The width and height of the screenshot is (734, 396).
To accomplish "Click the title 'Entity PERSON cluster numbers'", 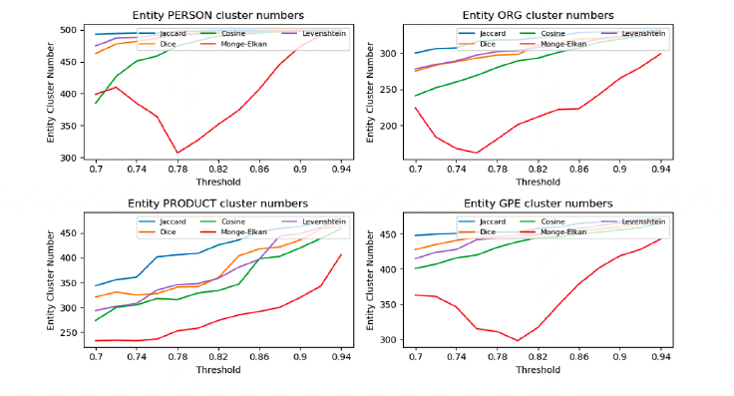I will click(x=218, y=15).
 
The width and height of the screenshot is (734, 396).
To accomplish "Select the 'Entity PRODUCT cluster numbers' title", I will click(x=218, y=203).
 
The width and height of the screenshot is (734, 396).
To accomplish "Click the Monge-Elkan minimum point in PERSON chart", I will click(x=178, y=153).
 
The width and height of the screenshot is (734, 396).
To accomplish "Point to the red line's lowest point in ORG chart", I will click(x=477, y=153).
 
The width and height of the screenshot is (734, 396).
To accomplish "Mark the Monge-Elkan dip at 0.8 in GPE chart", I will click(x=517, y=340).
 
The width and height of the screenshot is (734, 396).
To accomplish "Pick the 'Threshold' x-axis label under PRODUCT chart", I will click(x=218, y=370).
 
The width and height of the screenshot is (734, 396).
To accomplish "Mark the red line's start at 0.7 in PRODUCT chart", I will click(x=96, y=340).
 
